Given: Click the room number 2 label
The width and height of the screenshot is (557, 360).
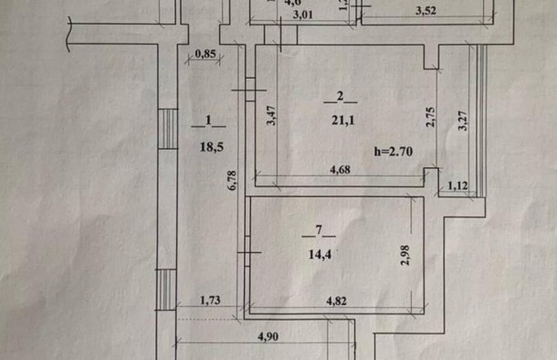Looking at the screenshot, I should click(340, 97).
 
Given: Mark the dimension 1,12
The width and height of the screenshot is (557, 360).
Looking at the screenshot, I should click(457, 186).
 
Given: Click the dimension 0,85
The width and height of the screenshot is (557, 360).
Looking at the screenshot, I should click(206, 56).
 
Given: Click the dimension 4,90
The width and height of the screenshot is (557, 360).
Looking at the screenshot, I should click(268, 336).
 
